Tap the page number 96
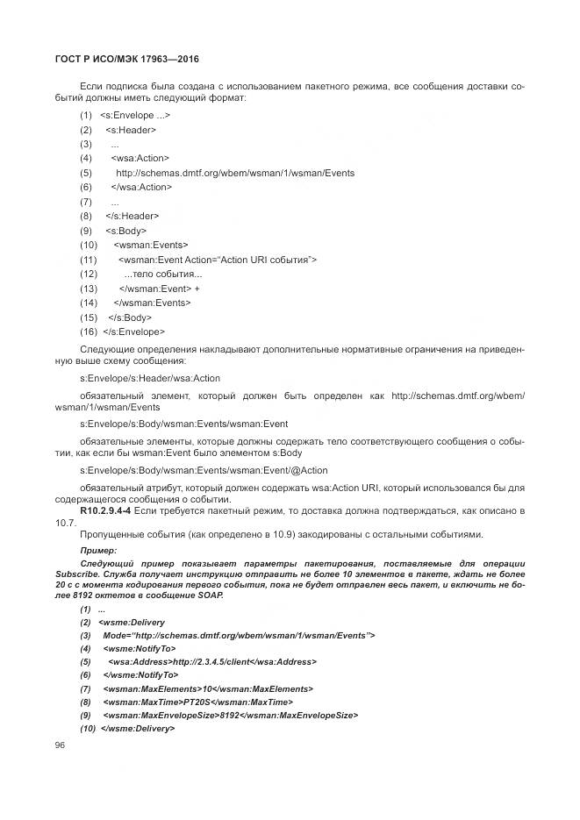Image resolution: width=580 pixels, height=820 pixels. (61, 745)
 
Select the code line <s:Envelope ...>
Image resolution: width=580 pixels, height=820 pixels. (135, 116)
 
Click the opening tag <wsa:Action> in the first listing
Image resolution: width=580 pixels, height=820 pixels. (140, 159)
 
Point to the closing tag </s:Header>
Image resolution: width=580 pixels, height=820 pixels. (132, 216)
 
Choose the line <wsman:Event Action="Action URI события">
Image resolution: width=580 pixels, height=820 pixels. (217, 260)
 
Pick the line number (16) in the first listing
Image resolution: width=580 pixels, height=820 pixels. (88, 332)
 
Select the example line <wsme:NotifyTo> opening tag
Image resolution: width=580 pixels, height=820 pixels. (140, 648)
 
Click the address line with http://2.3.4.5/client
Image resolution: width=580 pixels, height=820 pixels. (212, 662)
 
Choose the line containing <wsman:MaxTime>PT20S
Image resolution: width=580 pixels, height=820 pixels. (197, 702)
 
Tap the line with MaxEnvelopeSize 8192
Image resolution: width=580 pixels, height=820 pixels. (230, 717)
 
